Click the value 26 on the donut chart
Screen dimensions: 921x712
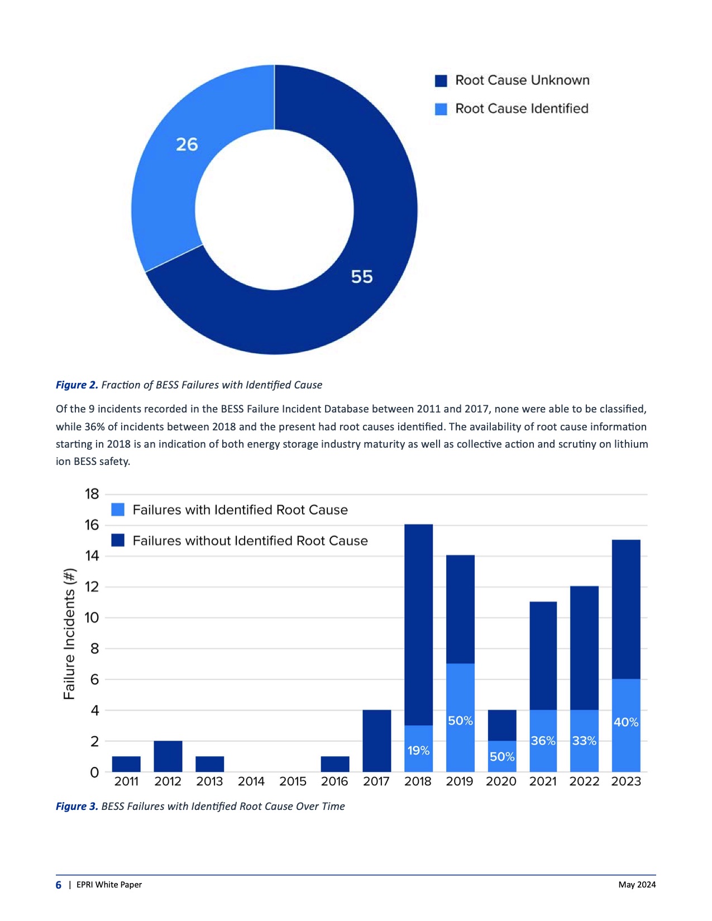pyautogui.click(x=187, y=145)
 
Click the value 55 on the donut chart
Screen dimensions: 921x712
pyautogui.click(x=362, y=277)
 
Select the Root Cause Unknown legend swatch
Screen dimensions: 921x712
pyautogui.click(x=441, y=81)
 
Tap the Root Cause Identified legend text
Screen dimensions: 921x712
pyautogui.click(x=522, y=109)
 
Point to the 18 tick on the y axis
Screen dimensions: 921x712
pyautogui.click(x=92, y=494)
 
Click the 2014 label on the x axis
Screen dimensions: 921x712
pyautogui.click(x=251, y=781)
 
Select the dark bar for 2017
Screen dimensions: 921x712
pyautogui.click(x=377, y=741)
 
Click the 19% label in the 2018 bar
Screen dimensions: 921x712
pyautogui.click(x=418, y=751)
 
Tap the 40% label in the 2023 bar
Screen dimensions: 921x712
pyautogui.click(x=626, y=722)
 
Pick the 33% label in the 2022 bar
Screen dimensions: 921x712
pyautogui.click(x=584, y=741)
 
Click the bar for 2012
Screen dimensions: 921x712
pyautogui.click(x=168, y=756)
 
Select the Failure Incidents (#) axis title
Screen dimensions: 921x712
pyautogui.click(x=69, y=634)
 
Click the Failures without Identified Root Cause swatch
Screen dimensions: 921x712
pyautogui.click(x=118, y=540)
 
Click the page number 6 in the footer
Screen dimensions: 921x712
pyautogui.click(x=59, y=885)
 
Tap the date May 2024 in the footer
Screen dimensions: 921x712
pyautogui.click(x=637, y=885)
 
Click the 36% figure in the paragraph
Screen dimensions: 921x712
pyautogui.click(x=94, y=427)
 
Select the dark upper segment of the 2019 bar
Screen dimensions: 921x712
pyautogui.click(x=460, y=609)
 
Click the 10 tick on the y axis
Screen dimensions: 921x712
pyautogui.click(x=92, y=618)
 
